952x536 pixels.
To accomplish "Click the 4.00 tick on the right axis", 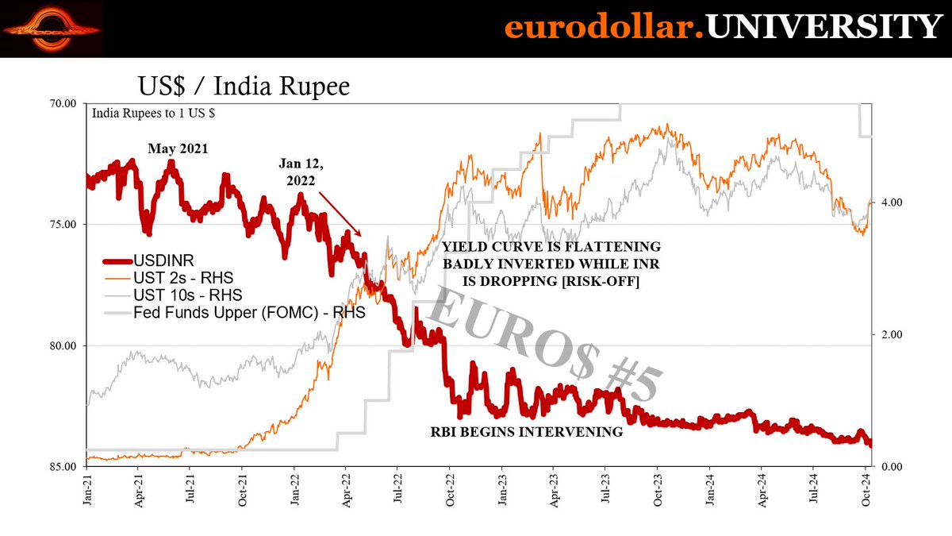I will point(892,202).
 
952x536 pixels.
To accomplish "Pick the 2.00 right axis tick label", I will point(892,334).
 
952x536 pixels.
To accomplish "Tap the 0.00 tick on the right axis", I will point(892,466).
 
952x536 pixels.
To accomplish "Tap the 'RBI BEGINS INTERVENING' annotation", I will point(526,433).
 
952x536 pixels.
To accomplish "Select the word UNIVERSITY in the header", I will point(823,28).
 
